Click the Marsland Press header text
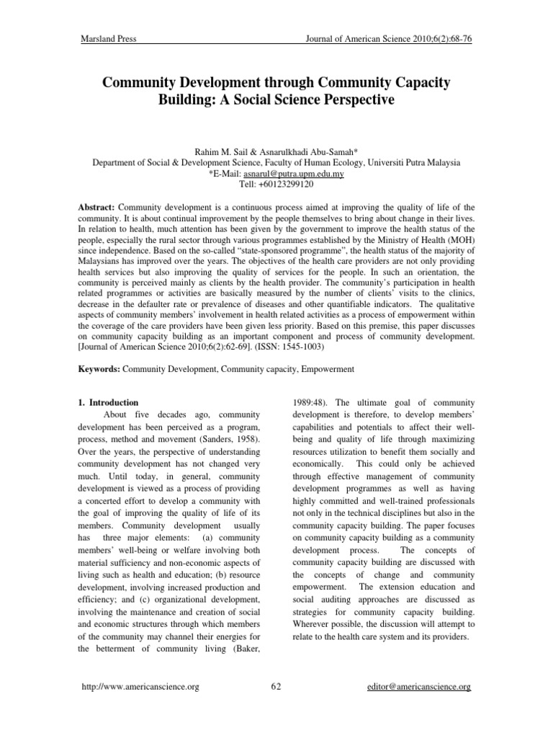[107, 39]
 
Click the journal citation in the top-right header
[388, 39]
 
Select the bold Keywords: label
[100, 368]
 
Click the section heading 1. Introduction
[109, 402]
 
